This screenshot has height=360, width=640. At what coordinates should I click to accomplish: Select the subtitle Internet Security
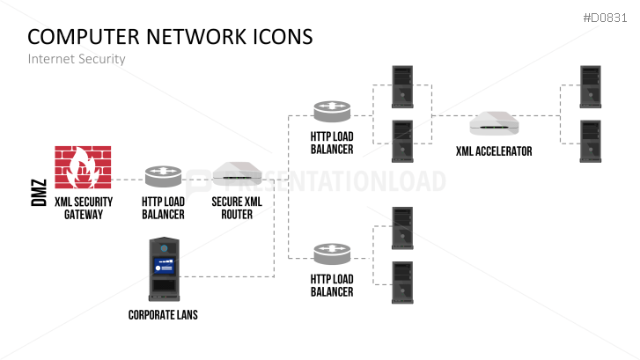click(x=77, y=59)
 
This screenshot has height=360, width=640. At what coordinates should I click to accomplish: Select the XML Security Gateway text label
click(x=84, y=208)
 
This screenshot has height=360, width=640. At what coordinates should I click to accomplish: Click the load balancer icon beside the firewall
click(x=163, y=176)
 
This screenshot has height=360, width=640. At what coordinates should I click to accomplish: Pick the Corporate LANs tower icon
click(x=163, y=269)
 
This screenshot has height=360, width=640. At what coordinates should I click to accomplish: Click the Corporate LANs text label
click(x=163, y=314)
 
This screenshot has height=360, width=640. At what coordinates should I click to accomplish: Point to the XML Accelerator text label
click(x=493, y=151)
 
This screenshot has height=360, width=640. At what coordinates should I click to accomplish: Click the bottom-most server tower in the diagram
click(x=401, y=282)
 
